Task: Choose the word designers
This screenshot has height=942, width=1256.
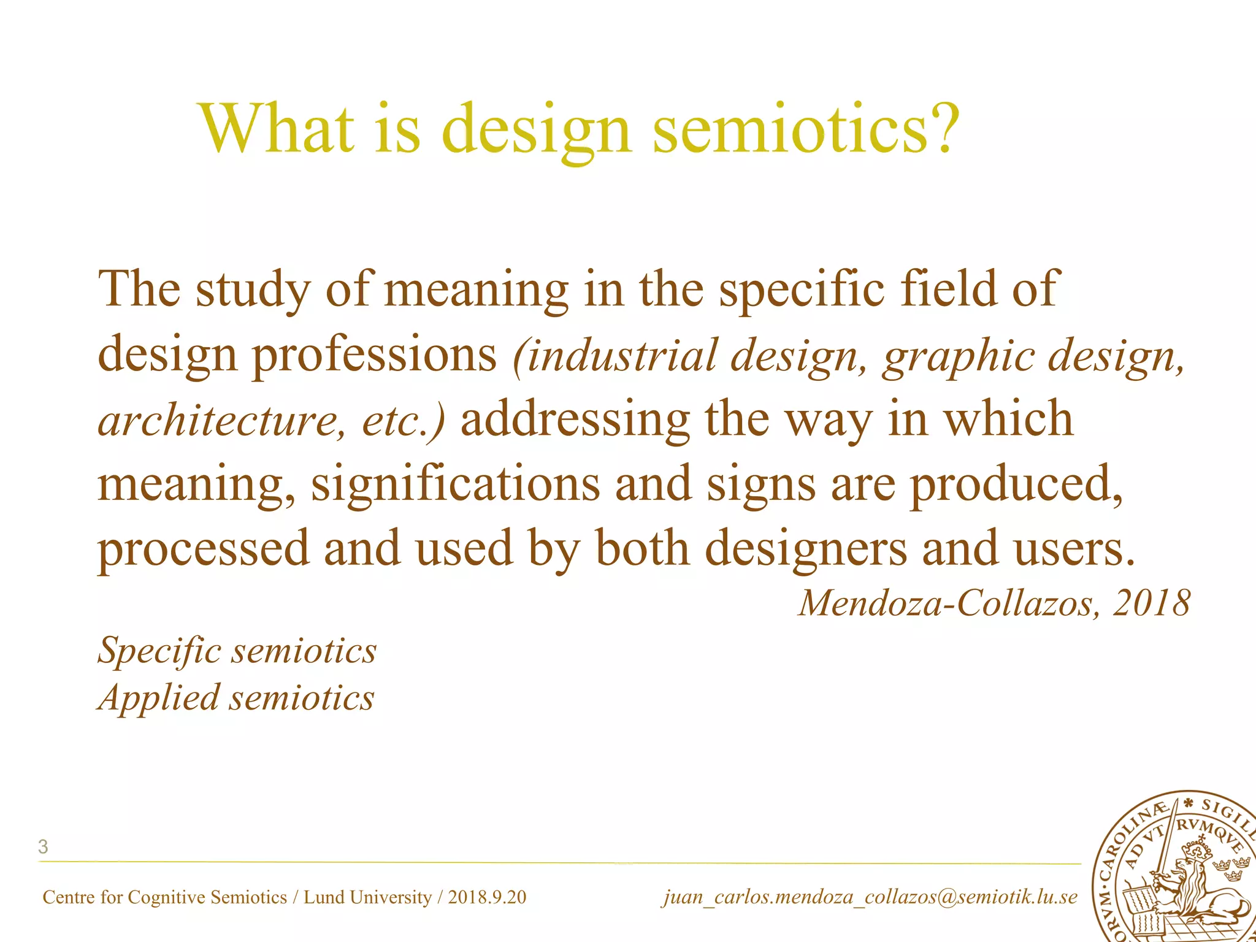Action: [x=806, y=549]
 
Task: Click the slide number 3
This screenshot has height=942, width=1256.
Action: [x=43, y=847]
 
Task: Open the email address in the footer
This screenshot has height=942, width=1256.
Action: [x=870, y=897]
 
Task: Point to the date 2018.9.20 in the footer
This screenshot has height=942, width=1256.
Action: [x=487, y=897]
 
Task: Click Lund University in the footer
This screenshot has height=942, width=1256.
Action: [x=368, y=897]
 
